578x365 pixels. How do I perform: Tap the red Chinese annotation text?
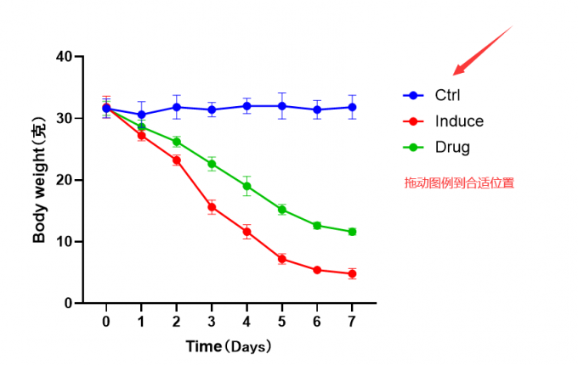pos(459,182)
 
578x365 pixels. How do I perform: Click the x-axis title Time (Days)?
pos(229,347)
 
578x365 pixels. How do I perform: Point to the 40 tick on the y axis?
pos(64,57)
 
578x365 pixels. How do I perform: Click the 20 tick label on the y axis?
pos(64,180)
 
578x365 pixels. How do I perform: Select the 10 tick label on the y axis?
pos(64,242)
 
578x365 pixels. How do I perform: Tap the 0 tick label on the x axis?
pos(106,322)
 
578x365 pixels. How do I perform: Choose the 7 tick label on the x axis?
pos(352,322)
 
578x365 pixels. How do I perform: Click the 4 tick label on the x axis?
pos(246,322)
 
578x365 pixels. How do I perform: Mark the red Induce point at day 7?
pos(352,273)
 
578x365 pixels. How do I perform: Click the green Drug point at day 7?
pos(352,232)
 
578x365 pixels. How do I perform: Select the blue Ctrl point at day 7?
pos(352,107)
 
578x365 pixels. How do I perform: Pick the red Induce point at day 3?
pos(212,207)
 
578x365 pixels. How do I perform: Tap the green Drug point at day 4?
pos(246,186)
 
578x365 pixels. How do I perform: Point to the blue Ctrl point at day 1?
pos(141,115)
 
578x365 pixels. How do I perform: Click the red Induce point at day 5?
pos(282,259)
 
